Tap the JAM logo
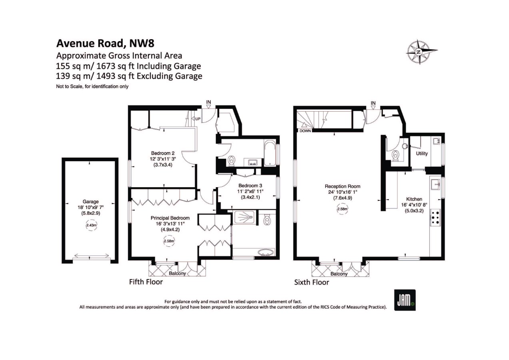click(x=405, y=300)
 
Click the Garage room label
click(x=90, y=202)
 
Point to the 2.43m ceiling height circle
click(x=91, y=226)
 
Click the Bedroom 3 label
click(x=250, y=186)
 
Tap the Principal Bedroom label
click(x=170, y=218)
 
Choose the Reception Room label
click(x=342, y=186)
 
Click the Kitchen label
click(x=414, y=199)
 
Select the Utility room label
click(x=422, y=154)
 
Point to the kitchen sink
click(x=435, y=184)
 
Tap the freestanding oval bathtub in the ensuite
click(x=265, y=252)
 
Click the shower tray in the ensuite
click(x=243, y=218)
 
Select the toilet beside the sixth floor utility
click(x=395, y=156)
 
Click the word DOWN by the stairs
click(x=305, y=131)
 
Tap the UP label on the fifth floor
click(x=198, y=119)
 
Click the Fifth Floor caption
click(x=146, y=282)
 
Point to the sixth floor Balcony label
click(x=339, y=274)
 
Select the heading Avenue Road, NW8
click(x=105, y=43)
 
